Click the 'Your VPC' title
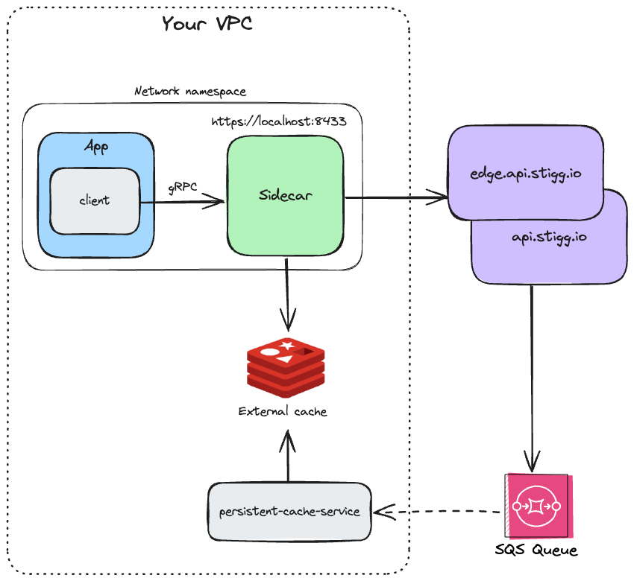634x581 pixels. pos(207,24)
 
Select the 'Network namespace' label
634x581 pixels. pos(189,92)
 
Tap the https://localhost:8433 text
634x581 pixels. pos(278,121)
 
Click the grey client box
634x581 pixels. pos(94,200)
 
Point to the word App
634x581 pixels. pos(96,146)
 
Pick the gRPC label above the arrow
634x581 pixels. pos(182,188)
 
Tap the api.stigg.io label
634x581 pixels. pos(548,237)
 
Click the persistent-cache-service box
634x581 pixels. pos(289,512)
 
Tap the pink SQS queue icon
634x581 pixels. pos(536,506)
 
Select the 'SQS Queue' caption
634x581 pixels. pos(536,551)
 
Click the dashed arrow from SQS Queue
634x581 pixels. pos(440,512)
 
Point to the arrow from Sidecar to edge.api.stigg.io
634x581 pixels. pos(395,198)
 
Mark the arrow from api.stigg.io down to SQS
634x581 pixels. pos(532,372)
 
